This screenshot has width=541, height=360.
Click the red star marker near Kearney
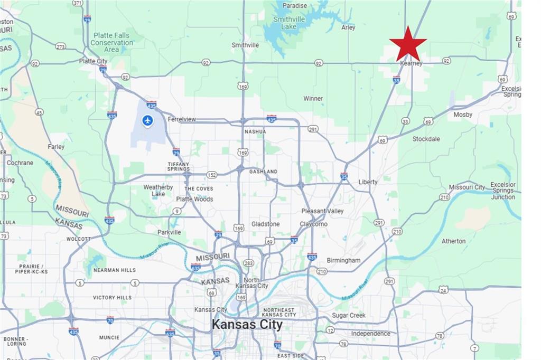coord(408,44)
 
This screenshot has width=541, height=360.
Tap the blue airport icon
coord(147,121)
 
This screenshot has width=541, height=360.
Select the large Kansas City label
coord(247,324)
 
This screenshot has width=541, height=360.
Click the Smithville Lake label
coord(285,23)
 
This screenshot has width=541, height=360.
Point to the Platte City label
coord(94,61)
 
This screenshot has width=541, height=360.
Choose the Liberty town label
coord(368,182)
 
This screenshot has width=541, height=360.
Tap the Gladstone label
coord(266,224)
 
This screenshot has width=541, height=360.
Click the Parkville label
coord(169,232)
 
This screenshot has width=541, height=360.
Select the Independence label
coord(371,334)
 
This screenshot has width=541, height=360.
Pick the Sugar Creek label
coord(349,316)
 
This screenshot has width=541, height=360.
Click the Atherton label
coord(454,241)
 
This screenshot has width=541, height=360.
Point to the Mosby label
coord(463,115)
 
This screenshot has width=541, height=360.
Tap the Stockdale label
coord(426,139)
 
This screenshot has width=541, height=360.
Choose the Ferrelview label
coord(182,119)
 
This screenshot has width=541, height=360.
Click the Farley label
coord(56,147)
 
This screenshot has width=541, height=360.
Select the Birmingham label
coord(343,260)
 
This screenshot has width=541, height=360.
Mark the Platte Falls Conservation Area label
coord(111,42)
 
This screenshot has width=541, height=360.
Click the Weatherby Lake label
coord(158,191)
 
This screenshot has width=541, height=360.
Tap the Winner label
coord(313,99)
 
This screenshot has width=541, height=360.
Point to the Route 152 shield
coord(212,175)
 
